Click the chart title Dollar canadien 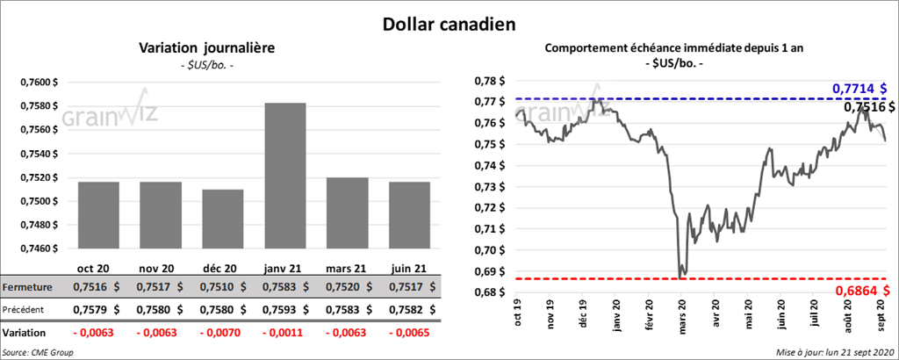tap(449, 23)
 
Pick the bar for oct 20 tap(98, 215)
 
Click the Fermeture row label tap(29, 287)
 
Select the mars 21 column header tap(347, 268)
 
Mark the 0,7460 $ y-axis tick tap(39, 248)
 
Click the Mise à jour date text tap(835, 352)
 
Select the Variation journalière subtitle tap(208, 48)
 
